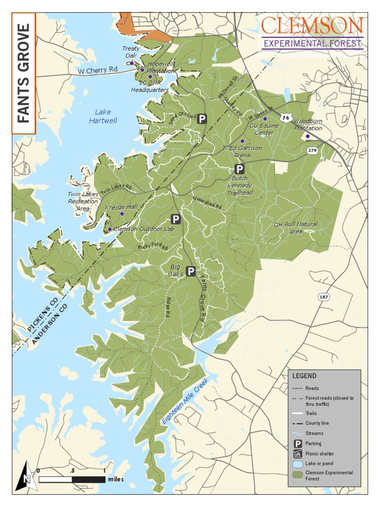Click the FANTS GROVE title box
pyautogui.click(x=23, y=73)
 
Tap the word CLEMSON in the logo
pyautogui.click(x=312, y=26)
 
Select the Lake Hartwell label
pyautogui.click(x=103, y=117)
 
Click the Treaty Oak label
pyautogui.click(x=131, y=52)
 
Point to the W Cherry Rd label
pyautogui.click(x=98, y=71)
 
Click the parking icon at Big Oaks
pyautogui.click(x=190, y=271)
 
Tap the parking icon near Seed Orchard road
pyautogui.click(x=201, y=119)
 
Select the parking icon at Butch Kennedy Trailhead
pyautogui.click(x=239, y=169)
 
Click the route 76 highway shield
pyautogui.click(x=285, y=118)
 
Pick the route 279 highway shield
pyautogui.click(x=311, y=150)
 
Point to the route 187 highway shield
pyautogui.click(x=324, y=297)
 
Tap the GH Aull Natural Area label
pyautogui.click(x=296, y=228)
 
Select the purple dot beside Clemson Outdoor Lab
pyautogui.click(x=110, y=229)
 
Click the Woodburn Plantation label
pyautogui.click(x=308, y=125)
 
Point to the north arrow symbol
pyautogui.click(x=26, y=476)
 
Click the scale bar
pyautogui.click(x=72, y=479)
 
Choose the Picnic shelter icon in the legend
pyautogui.click(x=298, y=454)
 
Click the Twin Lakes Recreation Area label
pyautogui.click(x=83, y=201)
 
